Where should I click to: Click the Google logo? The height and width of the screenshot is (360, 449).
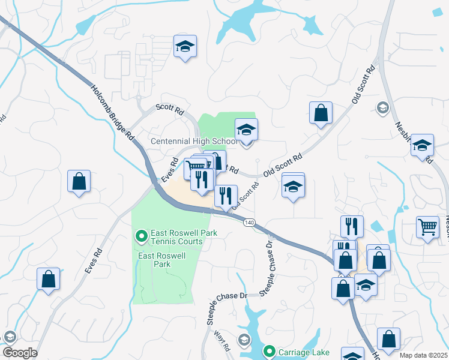point(19,353)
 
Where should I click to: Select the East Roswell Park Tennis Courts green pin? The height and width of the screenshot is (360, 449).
point(142,236)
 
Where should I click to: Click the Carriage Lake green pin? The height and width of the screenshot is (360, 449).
point(270,351)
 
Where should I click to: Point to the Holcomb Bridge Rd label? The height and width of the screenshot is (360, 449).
point(112,112)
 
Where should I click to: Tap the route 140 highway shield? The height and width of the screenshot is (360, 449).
point(249,223)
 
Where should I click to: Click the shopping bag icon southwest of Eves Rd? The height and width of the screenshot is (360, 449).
point(48,278)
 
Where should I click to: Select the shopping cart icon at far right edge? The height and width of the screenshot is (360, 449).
point(427,227)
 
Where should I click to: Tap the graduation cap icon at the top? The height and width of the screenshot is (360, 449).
point(185,46)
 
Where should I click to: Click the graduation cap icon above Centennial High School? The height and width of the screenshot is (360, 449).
point(246,129)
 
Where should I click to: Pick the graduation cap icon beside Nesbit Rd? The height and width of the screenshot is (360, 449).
point(422,145)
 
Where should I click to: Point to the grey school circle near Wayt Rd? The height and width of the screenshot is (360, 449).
point(244,340)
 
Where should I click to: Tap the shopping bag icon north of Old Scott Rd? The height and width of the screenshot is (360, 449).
point(321,112)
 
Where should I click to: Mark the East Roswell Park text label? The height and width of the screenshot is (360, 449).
point(162,260)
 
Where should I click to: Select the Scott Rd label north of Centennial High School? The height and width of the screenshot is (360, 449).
point(170,109)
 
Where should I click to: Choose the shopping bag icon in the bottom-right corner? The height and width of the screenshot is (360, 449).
point(388,339)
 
